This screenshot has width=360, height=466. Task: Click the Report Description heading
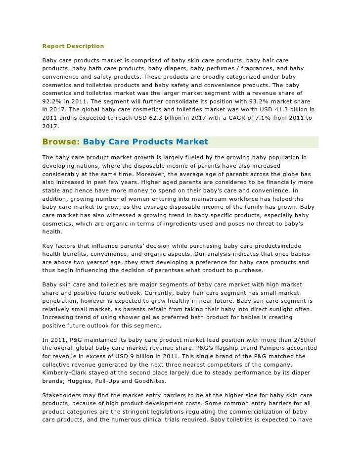tap(73, 46)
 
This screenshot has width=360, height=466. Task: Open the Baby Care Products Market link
tap(145, 142)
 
